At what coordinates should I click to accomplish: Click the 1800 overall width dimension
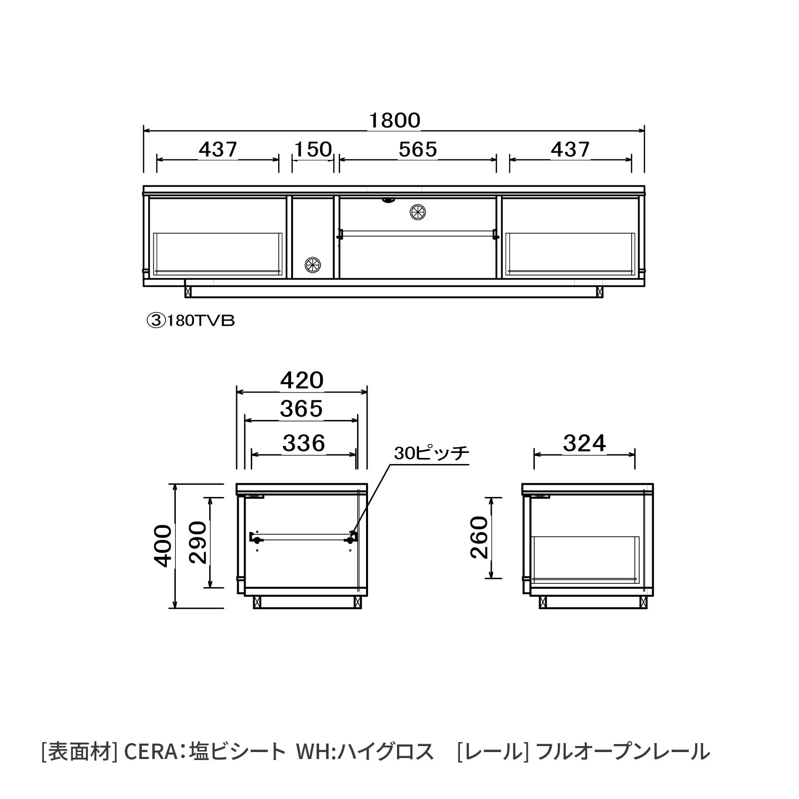(x=395, y=121)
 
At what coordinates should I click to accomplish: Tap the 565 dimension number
(x=418, y=149)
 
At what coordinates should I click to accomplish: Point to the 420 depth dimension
(x=302, y=381)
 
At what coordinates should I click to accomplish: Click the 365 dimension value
(x=302, y=409)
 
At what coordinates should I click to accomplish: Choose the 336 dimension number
(x=304, y=443)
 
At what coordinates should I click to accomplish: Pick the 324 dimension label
(x=584, y=443)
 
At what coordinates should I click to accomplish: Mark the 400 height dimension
(x=163, y=546)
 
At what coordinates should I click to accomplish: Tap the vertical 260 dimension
(x=479, y=537)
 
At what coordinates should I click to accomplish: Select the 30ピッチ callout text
(x=431, y=453)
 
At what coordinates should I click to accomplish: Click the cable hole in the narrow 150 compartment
(x=313, y=264)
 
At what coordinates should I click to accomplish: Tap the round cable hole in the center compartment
(x=417, y=211)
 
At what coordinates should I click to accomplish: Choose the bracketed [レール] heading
(x=493, y=752)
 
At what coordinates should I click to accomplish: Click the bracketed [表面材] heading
(x=79, y=752)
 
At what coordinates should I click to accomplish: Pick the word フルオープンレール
(x=623, y=752)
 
